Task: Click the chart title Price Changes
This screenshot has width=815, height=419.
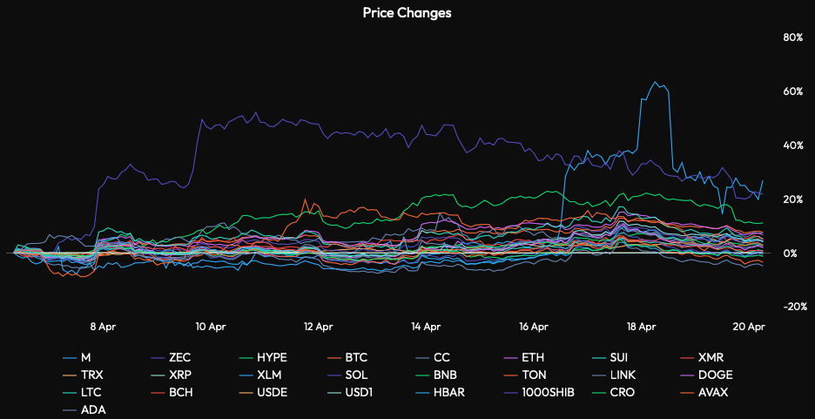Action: click(407, 13)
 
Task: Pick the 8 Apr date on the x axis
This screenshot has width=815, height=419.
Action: click(103, 327)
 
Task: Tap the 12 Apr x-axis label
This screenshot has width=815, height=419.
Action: click(318, 327)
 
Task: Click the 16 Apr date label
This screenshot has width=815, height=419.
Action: click(533, 327)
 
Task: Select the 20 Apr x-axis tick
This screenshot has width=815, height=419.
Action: click(749, 327)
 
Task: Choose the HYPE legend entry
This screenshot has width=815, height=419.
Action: click(273, 358)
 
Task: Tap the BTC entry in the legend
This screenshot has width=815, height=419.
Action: click(356, 358)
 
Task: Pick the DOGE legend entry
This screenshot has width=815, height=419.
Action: click(715, 375)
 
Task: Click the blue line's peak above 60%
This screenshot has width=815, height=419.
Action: click(656, 82)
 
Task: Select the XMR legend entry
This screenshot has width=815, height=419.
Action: click(711, 358)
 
